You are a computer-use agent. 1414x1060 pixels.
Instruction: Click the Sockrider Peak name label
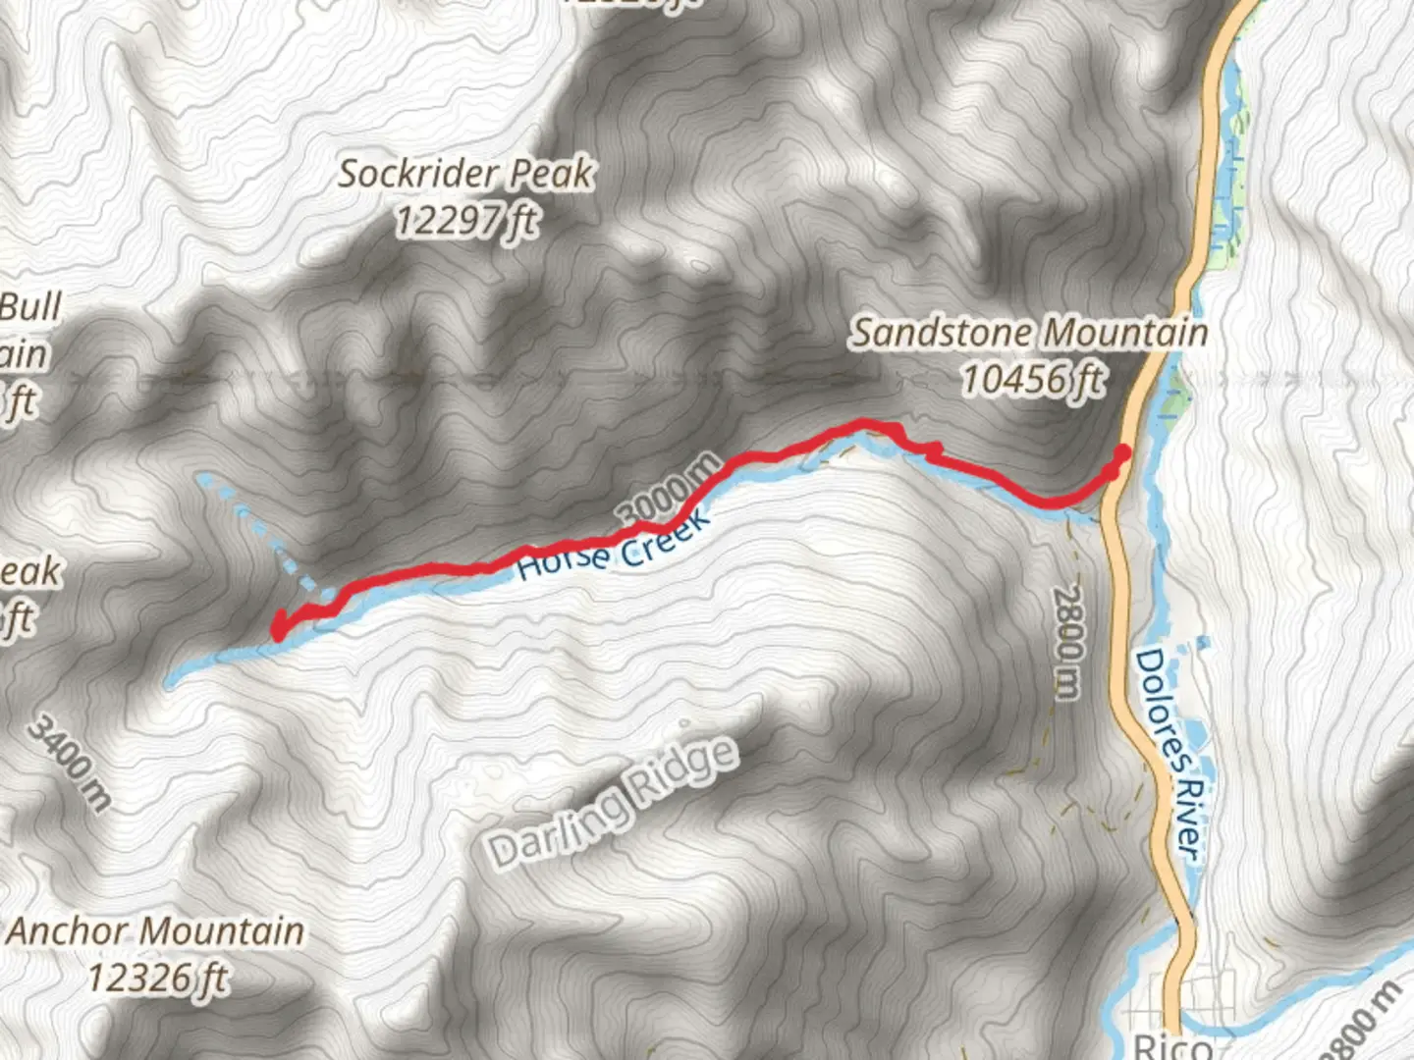click(x=465, y=175)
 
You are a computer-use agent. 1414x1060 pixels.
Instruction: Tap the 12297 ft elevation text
click(x=465, y=221)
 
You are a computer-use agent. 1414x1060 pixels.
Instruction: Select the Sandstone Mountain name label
click(x=1028, y=333)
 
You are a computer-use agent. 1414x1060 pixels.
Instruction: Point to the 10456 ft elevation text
click(x=1031, y=379)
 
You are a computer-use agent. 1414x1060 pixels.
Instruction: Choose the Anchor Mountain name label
click(x=156, y=930)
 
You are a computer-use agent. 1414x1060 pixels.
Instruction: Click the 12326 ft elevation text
click(x=157, y=978)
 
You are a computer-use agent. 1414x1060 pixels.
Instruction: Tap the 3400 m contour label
click(x=69, y=762)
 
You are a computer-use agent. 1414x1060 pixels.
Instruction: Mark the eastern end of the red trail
click(x=1121, y=452)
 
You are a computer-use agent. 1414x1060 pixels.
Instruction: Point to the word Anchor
click(x=70, y=930)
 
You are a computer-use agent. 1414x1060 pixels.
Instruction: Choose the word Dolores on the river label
click(x=1158, y=708)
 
